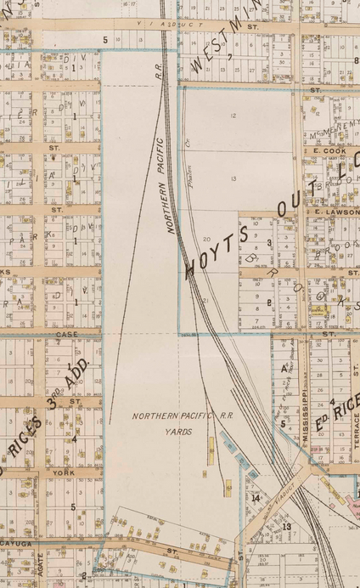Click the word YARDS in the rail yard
174,432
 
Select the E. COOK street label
326,150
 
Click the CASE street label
66,334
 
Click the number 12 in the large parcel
232,115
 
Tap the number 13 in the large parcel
233,178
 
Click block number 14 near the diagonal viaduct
256,498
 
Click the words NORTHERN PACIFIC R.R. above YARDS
175,416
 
